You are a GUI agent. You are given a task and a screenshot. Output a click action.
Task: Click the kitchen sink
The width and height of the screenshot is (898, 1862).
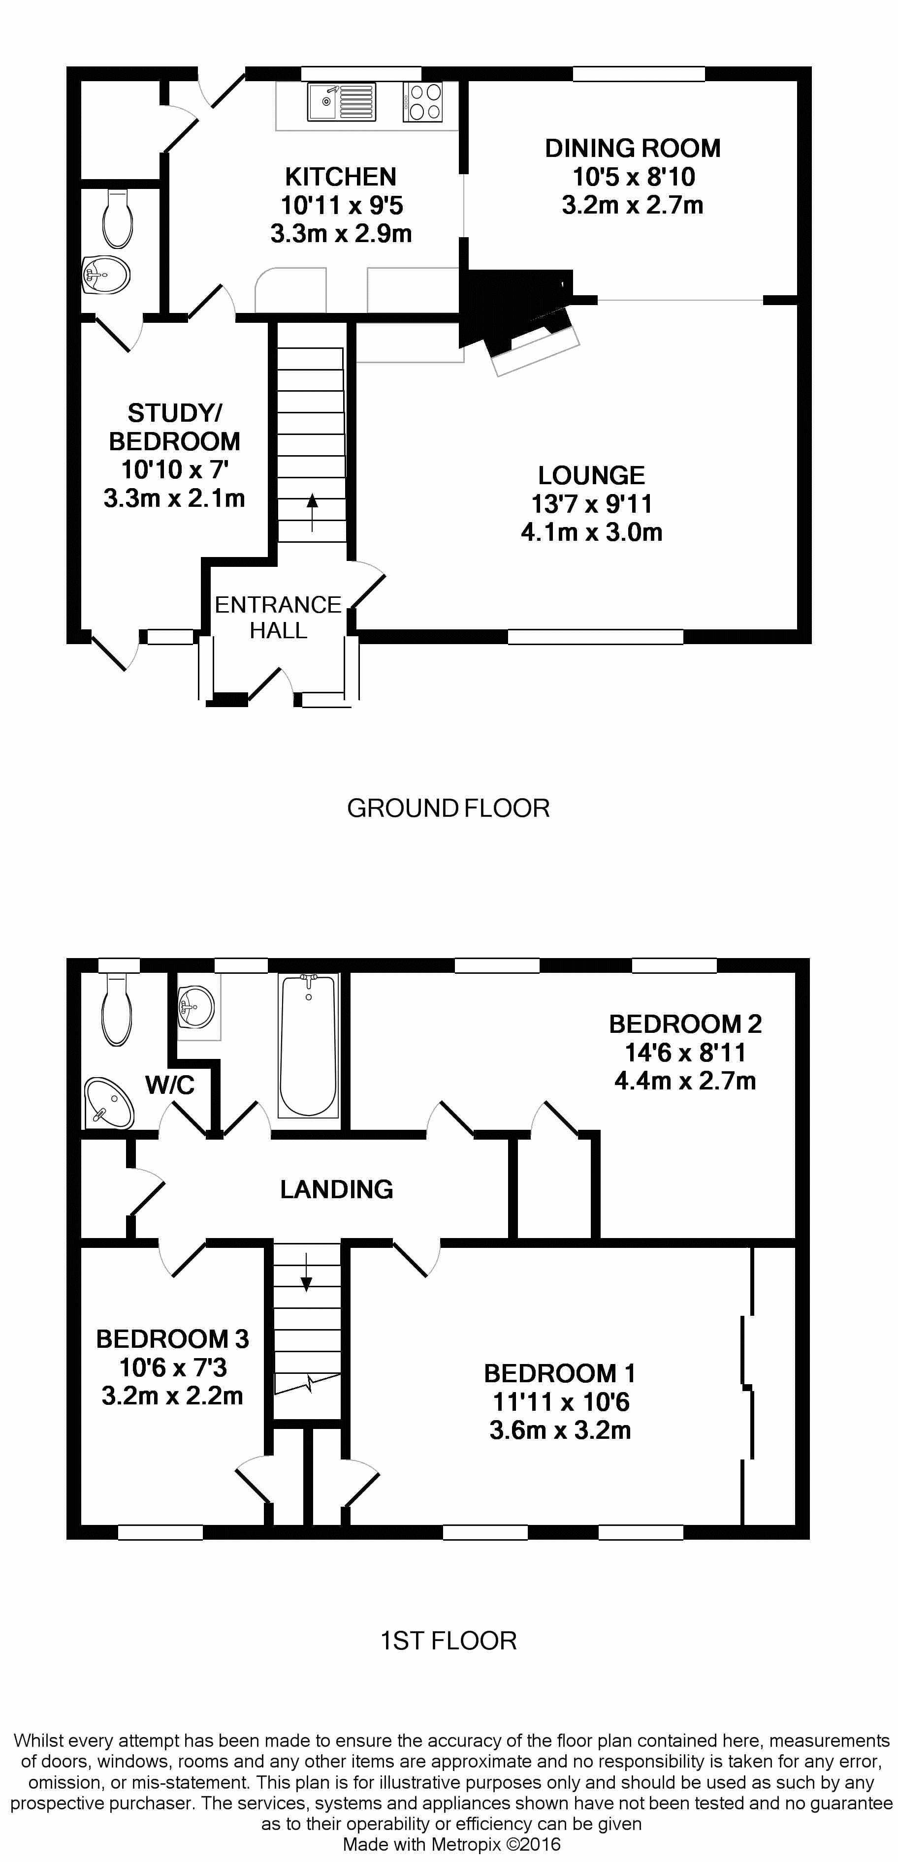(x=341, y=102)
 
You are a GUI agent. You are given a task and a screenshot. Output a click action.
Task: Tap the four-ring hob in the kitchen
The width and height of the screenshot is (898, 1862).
(x=423, y=102)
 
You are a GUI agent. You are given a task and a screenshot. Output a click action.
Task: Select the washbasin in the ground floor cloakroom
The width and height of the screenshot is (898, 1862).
(x=105, y=275)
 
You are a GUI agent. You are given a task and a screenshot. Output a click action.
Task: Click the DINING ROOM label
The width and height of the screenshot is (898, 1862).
(x=633, y=148)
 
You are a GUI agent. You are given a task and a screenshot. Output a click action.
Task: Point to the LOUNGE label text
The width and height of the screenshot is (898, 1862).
(x=591, y=476)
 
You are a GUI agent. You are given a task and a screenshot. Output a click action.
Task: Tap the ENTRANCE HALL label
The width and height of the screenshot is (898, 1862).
(x=278, y=617)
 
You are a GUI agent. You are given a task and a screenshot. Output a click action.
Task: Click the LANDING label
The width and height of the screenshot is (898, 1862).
(x=337, y=1189)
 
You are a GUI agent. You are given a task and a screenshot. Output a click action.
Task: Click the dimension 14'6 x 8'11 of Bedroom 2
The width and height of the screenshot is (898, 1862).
(x=685, y=1053)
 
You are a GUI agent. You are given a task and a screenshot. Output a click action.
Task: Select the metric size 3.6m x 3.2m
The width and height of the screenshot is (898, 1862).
(x=560, y=1430)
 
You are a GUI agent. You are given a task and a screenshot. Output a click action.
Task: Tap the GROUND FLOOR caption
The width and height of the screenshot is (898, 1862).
(x=449, y=808)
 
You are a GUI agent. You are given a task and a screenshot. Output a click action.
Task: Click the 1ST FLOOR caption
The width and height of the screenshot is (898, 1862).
(x=449, y=1641)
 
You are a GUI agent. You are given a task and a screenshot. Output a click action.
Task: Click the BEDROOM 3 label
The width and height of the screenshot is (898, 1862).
(x=172, y=1339)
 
